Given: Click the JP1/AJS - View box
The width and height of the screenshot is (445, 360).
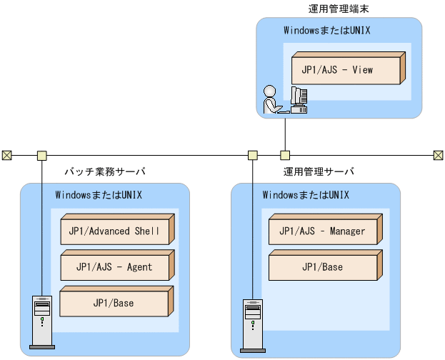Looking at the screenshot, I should click(x=346, y=70).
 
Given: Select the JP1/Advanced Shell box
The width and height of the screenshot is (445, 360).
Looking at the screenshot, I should click(x=114, y=231).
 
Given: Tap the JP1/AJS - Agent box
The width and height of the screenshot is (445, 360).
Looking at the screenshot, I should click(x=114, y=267).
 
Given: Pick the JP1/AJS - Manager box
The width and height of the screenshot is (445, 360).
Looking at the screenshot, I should click(x=321, y=231).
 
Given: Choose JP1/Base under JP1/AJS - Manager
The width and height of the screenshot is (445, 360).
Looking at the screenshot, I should click(x=321, y=267).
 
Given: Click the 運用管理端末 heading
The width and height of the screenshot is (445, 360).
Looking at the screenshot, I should click(x=338, y=9).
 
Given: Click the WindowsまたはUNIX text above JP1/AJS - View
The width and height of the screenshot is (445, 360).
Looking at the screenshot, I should click(x=326, y=31).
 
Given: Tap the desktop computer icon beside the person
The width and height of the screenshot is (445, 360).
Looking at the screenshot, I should click(x=299, y=100).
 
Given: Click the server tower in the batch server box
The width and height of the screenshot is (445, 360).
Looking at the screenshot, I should click(x=41, y=322).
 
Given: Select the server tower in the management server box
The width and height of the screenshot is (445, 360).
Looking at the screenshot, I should click(x=252, y=326).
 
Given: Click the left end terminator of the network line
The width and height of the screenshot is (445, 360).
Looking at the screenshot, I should click(x=6, y=154).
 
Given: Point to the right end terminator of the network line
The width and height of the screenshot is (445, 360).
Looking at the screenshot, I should click(x=438, y=154).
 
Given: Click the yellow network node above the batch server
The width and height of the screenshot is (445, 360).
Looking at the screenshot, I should click(x=41, y=154).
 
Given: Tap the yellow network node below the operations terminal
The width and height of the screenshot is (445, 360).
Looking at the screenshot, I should click(x=285, y=154).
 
